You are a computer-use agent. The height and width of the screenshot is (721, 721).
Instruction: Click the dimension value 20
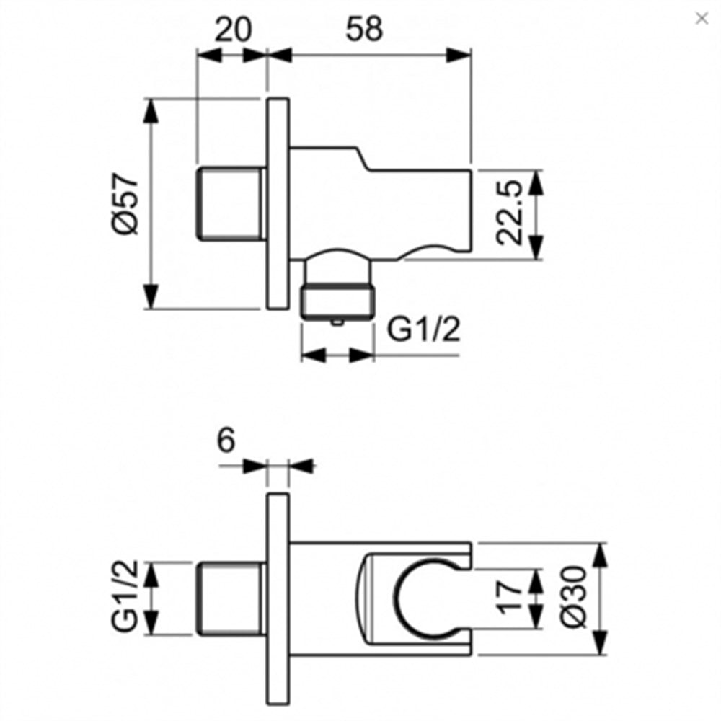pos(234,30)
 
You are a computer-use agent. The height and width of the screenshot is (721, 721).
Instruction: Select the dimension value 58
pos(364,30)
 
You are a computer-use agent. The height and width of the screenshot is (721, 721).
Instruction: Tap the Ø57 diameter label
pos(125,203)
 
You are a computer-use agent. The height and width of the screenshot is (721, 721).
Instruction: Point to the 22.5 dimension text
pos(510,212)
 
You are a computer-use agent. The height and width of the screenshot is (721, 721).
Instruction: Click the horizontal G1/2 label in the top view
pos(423,328)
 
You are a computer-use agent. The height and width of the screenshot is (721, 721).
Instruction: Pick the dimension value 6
pos(226,440)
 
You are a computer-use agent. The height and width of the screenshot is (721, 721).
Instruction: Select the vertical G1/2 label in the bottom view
pos(125,596)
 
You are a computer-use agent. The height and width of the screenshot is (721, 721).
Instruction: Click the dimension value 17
pos(510,597)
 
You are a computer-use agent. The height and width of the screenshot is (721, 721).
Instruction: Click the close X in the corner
pos(702,19)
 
